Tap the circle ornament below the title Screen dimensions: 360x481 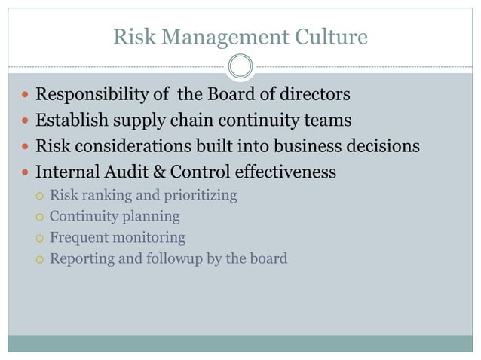(x=240, y=66)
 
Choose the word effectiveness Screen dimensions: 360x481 (x=290, y=172)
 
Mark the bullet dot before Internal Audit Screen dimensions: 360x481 (x=26, y=172)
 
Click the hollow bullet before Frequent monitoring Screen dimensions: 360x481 (x=40, y=238)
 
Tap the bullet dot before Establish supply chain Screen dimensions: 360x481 (x=26, y=121)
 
